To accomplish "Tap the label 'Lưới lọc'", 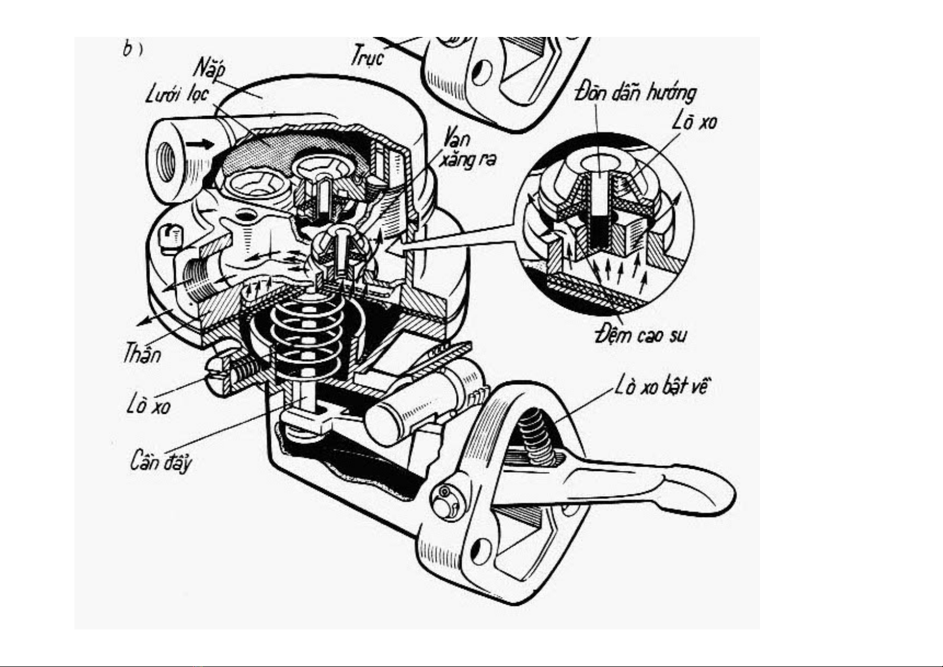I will (x=177, y=95).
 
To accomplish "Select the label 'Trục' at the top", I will (x=367, y=55).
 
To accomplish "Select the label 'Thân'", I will (x=142, y=354).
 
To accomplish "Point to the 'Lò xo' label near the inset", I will (x=694, y=122).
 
